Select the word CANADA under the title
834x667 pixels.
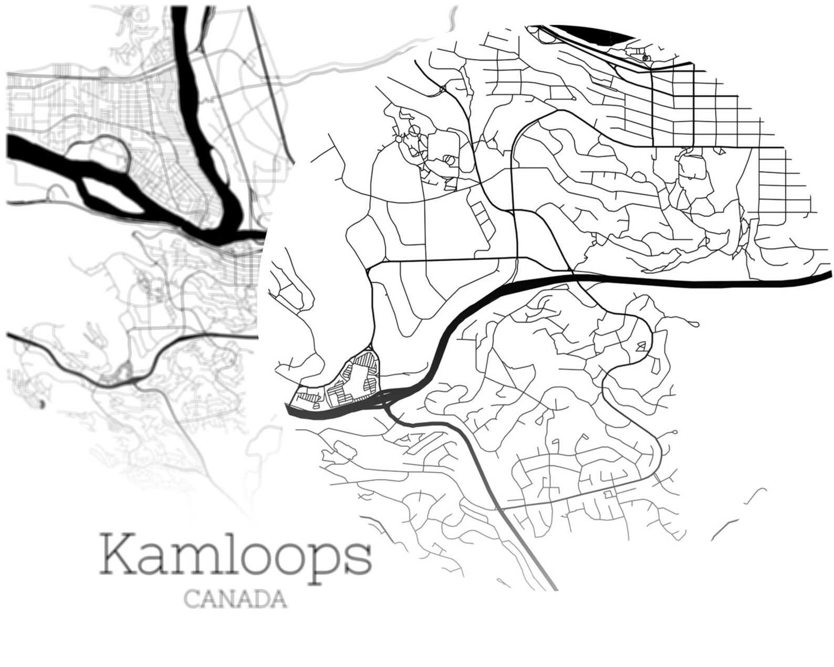pos(236,599)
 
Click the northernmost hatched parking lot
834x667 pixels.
pos(366,362)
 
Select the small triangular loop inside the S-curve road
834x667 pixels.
pos(641,346)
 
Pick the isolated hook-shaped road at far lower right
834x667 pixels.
pos(756,496)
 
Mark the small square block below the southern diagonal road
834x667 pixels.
pos(609,495)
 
